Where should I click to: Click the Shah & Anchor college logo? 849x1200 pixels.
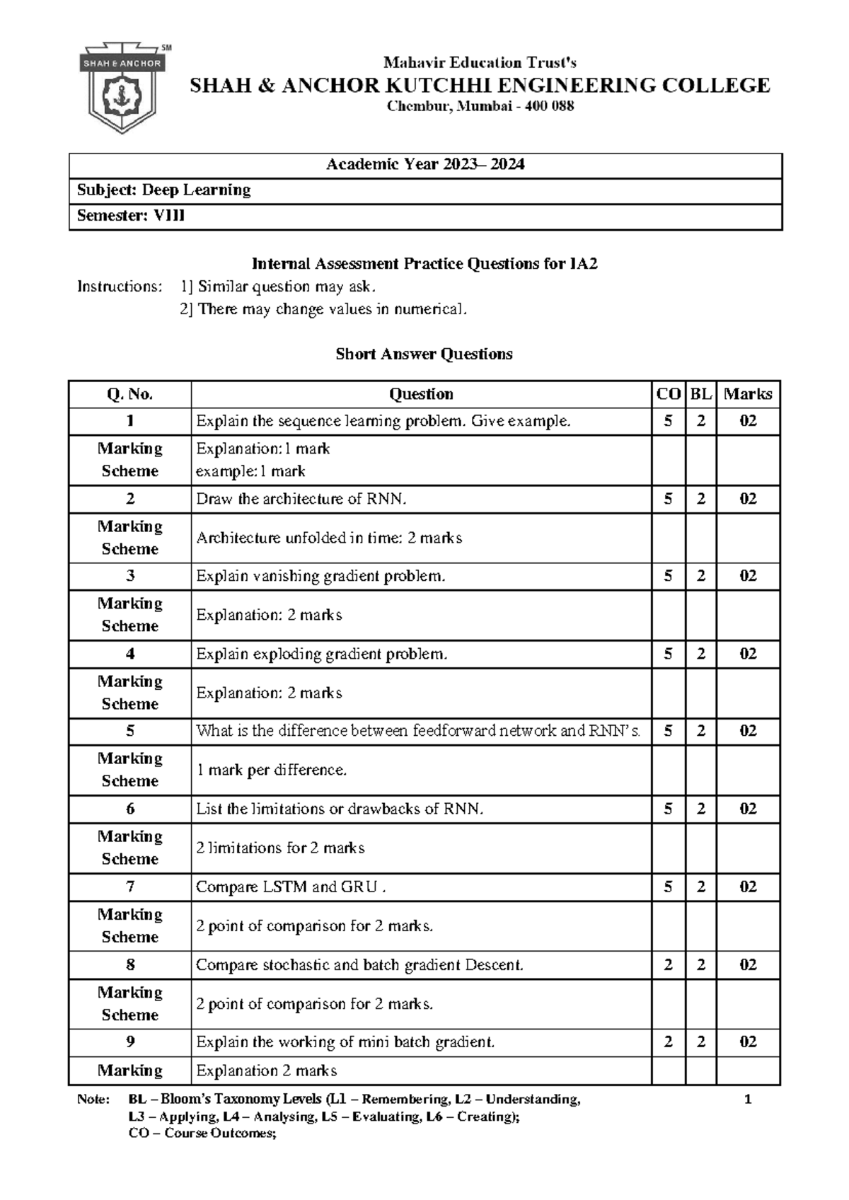click(125, 89)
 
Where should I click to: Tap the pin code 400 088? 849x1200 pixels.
click(549, 107)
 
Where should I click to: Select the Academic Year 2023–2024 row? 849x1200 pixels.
click(425, 165)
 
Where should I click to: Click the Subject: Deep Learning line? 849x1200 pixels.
click(163, 190)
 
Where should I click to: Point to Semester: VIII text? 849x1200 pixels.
click(131, 216)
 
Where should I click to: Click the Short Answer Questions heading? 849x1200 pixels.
click(424, 354)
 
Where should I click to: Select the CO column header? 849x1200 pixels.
click(668, 394)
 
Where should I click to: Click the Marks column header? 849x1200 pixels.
click(748, 394)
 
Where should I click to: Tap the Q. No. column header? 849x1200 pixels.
click(129, 394)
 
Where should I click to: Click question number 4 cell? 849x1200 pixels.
click(129, 654)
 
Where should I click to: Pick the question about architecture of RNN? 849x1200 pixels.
click(301, 499)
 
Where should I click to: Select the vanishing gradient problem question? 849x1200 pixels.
click(320, 576)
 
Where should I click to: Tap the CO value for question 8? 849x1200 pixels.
click(668, 964)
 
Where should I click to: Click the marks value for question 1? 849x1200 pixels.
click(748, 421)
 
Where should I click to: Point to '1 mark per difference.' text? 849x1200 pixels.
click(271, 770)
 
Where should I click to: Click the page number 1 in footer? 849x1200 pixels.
click(748, 1100)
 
